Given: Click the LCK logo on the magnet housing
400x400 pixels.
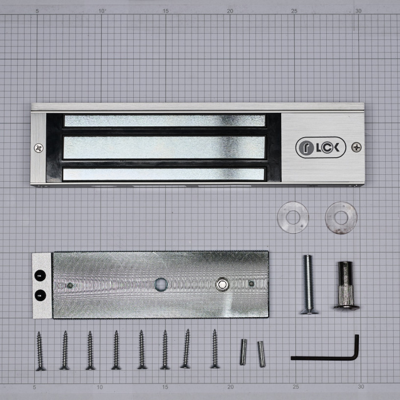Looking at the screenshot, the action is [321, 147].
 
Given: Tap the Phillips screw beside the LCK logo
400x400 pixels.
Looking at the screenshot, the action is [357, 147].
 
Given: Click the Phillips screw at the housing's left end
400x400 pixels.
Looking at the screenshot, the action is [39, 148].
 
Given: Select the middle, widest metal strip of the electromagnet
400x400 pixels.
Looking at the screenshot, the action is [165, 147].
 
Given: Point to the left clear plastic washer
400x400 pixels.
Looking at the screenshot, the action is [293, 217].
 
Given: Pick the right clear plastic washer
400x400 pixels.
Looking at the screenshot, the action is [341, 218].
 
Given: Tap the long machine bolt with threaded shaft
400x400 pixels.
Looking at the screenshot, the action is [309, 285].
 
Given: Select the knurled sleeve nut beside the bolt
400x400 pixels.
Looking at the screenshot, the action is [346, 286].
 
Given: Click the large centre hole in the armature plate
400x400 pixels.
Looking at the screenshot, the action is [161, 285].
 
